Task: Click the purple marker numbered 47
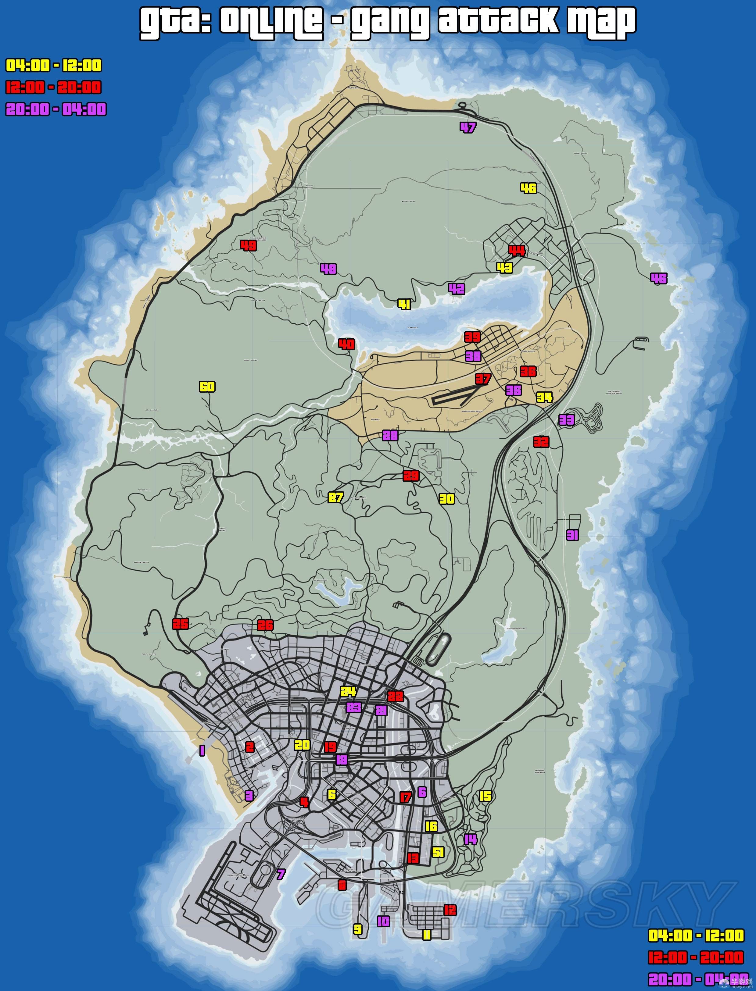pos(468,128)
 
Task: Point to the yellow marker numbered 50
pos(207,387)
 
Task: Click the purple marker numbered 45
pos(659,278)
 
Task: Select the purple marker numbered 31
pos(572,535)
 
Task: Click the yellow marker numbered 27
pos(336,497)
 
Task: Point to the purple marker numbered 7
pos(281,875)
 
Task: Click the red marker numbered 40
pos(346,344)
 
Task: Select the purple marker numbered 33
pos(567,420)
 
